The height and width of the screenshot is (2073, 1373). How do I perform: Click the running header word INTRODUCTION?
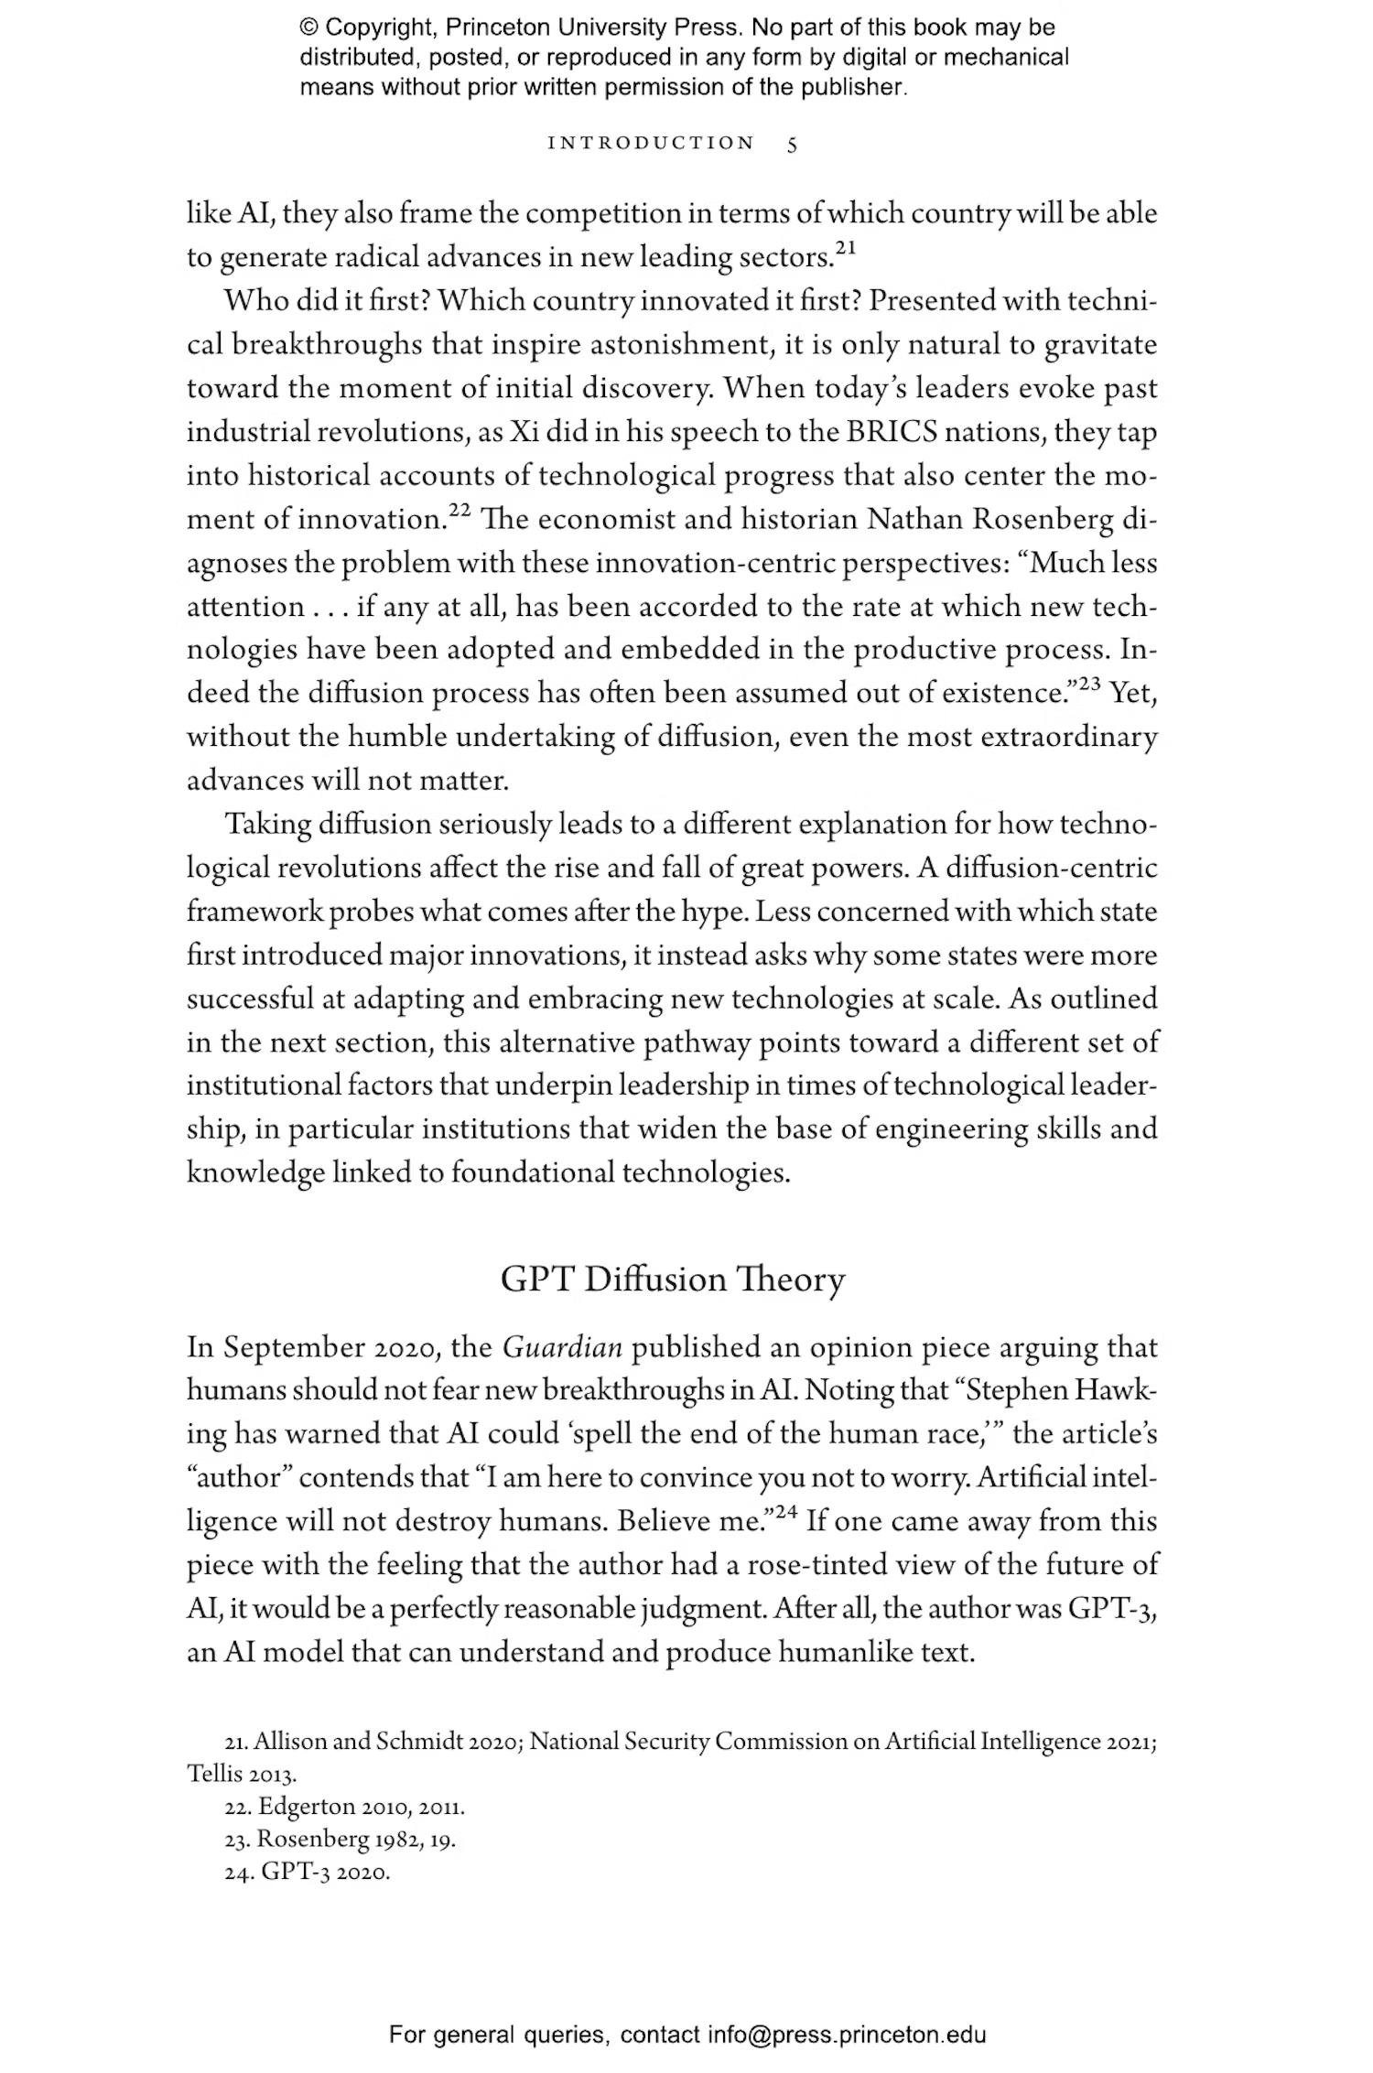[x=651, y=144]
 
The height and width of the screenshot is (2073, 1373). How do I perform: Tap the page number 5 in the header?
[x=792, y=145]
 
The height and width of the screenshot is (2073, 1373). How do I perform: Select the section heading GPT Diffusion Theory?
[x=673, y=1279]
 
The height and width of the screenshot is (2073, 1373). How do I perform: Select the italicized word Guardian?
[x=563, y=1347]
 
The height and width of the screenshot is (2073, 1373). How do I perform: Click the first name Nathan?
[x=914, y=519]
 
